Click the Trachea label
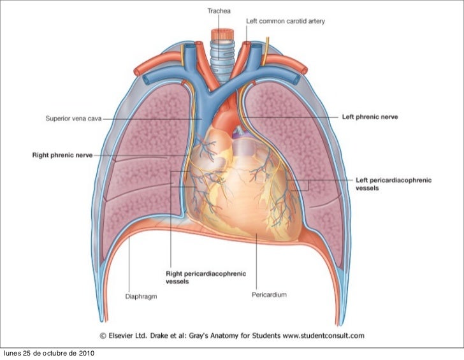click(x=219, y=11)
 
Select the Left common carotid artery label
click(x=286, y=21)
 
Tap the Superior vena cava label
click(x=73, y=118)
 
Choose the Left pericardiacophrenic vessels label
click(x=393, y=184)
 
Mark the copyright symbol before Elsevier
click(x=102, y=335)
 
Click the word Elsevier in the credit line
click(x=122, y=335)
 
